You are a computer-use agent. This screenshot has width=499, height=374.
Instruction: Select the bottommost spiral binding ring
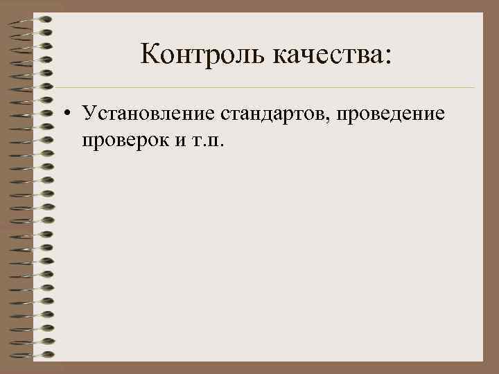click(x=31, y=355)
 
